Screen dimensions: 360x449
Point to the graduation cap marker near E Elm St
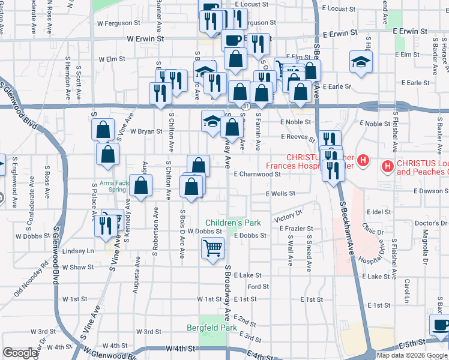[360, 62]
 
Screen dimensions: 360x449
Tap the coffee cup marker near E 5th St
[440, 325]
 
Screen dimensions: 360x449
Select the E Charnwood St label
[258, 174]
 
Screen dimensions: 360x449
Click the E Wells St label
[281, 194]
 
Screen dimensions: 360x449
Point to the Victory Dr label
[288, 215]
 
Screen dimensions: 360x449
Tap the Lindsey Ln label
[79, 251]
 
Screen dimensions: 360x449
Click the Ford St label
[258, 287]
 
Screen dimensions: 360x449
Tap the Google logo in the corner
[20, 352]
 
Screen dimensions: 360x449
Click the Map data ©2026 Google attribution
[412, 355]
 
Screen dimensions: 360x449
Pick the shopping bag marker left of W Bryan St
[103, 130]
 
